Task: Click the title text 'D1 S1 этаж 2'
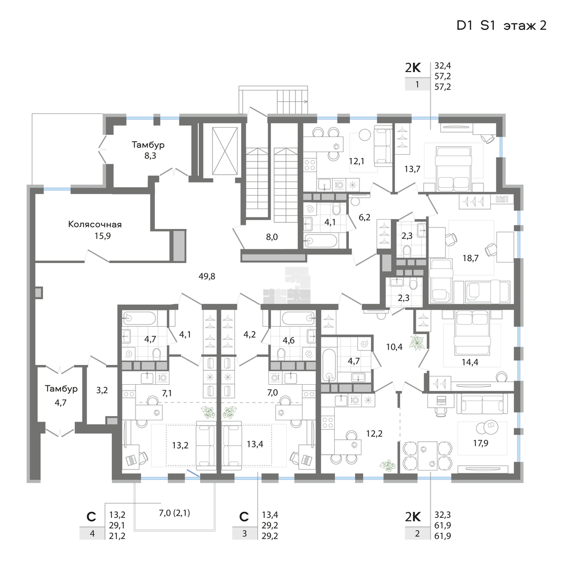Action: (501, 26)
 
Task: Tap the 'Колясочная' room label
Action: (95, 224)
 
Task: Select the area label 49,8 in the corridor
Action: (207, 276)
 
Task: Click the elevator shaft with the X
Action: (225, 151)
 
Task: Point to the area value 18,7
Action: (470, 258)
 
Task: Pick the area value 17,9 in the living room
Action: (480, 443)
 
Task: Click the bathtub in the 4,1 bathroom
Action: (321, 241)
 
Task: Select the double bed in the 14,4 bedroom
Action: (471, 332)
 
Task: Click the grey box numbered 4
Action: (92, 534)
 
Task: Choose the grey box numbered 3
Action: (245, 534)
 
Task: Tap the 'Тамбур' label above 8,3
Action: (148, 145)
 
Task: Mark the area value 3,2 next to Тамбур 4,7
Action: (102, 390)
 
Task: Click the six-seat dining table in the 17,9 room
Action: (427, 456)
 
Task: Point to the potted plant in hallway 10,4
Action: (416, 342)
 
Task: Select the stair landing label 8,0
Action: (272, 237)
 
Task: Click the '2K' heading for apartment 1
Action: (413, 67)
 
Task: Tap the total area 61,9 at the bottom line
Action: (443, 536)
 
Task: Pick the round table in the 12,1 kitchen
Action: (365, 135)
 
